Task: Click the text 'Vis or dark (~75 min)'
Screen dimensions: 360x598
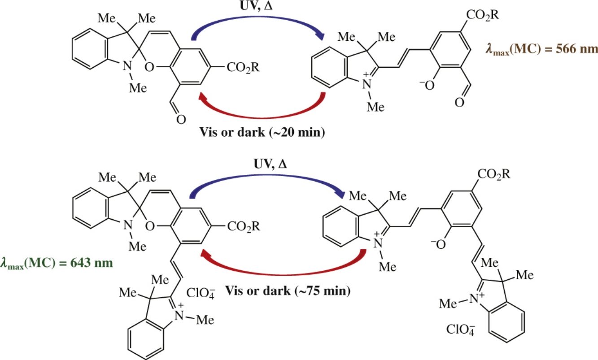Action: [287, 291]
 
